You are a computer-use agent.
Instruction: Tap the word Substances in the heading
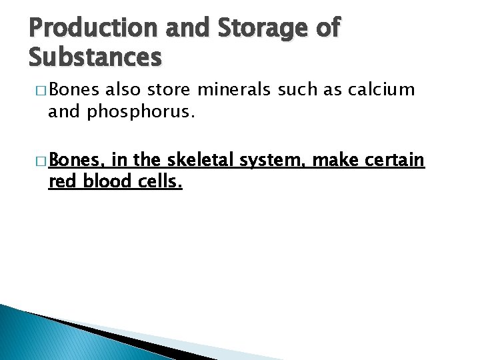(x=95, y=57)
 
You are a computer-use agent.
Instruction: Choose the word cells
(x=161, y=181)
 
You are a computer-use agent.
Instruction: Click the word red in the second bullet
(x=61, y=181)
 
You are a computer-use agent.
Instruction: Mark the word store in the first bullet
(x=172, y=89)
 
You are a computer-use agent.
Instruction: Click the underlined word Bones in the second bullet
(x=75, y=159)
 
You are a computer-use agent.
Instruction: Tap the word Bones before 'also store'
(x=74, y=89)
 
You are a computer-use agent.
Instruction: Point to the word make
(x=333, y=159)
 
